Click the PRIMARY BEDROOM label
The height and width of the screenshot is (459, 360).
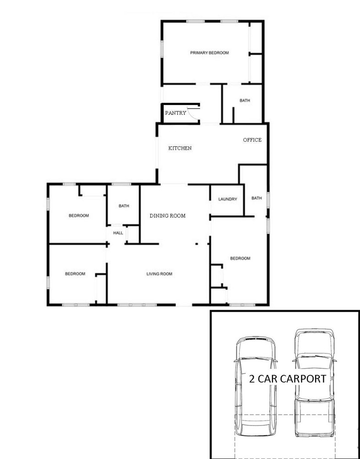tap(209, 53)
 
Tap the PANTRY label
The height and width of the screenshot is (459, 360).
tap(176, 113)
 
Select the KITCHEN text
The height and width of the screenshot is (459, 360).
tap(180, 148)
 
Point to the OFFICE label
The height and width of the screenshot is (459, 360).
tap(252, 140)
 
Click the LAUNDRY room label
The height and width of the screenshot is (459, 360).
tap(227, 199)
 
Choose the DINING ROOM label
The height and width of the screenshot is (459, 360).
tap(168, 216)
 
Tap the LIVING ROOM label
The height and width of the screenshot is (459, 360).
tap(159, 274)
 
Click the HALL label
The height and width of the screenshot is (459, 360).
tap(118, 233)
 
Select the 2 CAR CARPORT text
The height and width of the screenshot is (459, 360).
tap(288, 379)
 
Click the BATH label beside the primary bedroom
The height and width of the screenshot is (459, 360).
tap(245, 101)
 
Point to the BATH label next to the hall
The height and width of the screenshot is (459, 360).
tap(124, 206)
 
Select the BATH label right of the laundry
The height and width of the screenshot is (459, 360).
tap(256, 198)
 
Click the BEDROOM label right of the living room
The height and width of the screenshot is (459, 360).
tap(240, 258)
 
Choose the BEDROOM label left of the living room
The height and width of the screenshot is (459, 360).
tap(75, 274)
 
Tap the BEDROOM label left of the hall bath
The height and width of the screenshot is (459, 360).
tap(79, 216)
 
